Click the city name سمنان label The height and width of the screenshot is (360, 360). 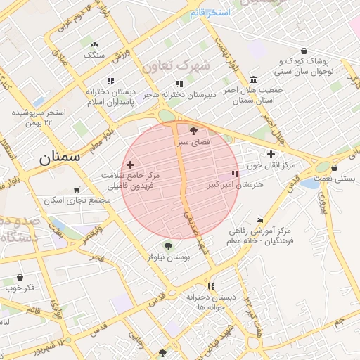point(60,157)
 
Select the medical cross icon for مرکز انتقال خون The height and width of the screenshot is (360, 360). point(271,154)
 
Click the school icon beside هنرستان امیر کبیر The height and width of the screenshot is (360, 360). point(235,174)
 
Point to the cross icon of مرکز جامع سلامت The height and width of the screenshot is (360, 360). point(130,164)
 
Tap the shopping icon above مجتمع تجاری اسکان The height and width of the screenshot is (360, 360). point(77,190)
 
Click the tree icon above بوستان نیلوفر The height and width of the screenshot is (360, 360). point(167,245)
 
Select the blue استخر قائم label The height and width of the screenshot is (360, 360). point(214,13)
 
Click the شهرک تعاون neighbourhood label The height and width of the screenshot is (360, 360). point(176,66)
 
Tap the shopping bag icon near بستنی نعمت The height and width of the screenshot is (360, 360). point(334,168)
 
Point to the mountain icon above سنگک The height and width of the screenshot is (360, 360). point(94,44)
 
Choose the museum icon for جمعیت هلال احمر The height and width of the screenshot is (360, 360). point(253,79)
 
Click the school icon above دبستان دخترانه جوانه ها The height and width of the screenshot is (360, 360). point(211,286)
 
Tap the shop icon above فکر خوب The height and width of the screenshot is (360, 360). point(20,278)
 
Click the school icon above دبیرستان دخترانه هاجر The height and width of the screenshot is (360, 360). point(180,84)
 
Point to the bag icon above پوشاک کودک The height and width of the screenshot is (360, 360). point(304,51)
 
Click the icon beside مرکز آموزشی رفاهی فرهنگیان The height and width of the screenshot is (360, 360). point(260,220)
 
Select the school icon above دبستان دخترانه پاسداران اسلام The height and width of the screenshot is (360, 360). point(110,82)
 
